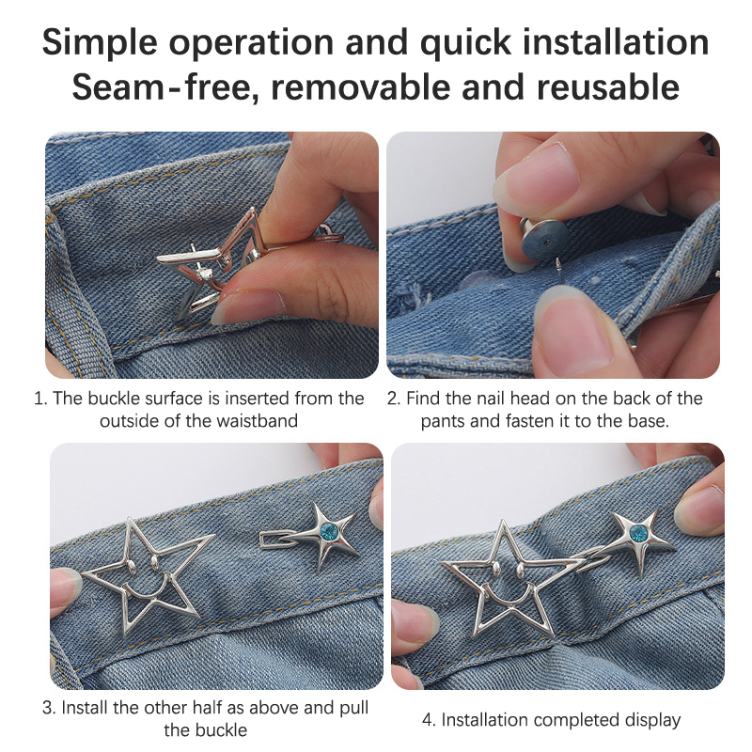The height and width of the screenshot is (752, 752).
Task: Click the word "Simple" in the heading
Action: point(100,43)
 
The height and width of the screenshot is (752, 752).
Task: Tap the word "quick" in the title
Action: point(465,43)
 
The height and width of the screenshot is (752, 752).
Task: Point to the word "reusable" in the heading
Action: point(607,87)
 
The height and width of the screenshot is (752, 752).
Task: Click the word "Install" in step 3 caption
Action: point(84,708)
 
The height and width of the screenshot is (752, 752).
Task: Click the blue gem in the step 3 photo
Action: point(329,531)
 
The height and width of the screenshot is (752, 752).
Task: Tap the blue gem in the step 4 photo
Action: point(638,533)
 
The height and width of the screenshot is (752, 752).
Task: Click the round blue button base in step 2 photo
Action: point(543,242)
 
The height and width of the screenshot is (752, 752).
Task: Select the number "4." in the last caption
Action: point(430,719)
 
